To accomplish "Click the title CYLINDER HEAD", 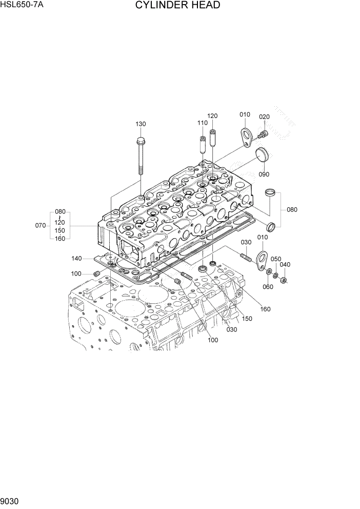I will pos(178,6).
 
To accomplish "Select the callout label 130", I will pos(141,124).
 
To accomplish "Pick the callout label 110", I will pos(203,123).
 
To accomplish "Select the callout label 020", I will pos(264,117).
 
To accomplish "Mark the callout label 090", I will pos(264,174).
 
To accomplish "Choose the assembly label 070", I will pos(41,225).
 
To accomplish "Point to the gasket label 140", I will pos(77,258).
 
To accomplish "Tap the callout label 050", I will pos(276,259).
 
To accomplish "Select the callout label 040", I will pos(285,265).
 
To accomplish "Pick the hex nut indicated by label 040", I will pos(285,280).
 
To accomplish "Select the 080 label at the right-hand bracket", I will pos(292,209).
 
